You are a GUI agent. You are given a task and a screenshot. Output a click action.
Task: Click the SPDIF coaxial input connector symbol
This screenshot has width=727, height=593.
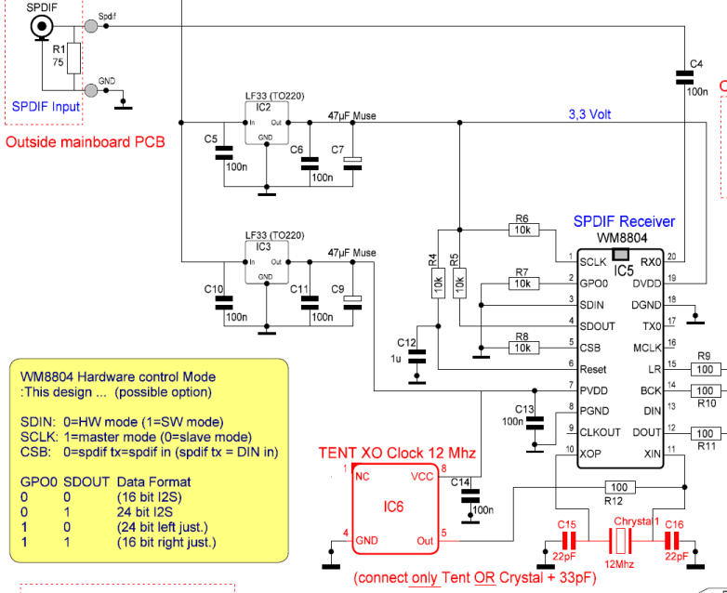(41, 28)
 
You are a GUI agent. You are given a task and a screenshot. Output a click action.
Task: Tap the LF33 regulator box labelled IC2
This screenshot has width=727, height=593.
(266, 123)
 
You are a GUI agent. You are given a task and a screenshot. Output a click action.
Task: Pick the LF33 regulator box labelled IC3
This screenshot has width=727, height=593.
(266, 263)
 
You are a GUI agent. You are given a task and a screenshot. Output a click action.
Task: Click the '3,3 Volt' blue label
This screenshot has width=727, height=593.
(589, 115)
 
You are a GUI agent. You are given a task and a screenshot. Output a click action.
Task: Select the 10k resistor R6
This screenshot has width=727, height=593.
(522, 229)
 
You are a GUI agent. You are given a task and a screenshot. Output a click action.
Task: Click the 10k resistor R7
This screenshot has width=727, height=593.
(522, 283)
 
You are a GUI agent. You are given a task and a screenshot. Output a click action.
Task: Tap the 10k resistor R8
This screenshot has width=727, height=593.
(522, 348)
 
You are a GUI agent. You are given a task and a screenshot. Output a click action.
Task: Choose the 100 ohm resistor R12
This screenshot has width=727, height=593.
(615, 486)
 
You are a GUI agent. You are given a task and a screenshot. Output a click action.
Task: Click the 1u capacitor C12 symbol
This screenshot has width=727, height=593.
(418, 353)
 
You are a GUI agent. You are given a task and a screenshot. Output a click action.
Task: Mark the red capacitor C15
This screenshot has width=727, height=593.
(567, 541)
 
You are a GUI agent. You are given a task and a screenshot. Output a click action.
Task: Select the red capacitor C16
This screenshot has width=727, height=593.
(674, 541)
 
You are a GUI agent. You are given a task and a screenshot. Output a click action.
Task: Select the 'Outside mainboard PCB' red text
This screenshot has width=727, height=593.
(85, 142)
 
